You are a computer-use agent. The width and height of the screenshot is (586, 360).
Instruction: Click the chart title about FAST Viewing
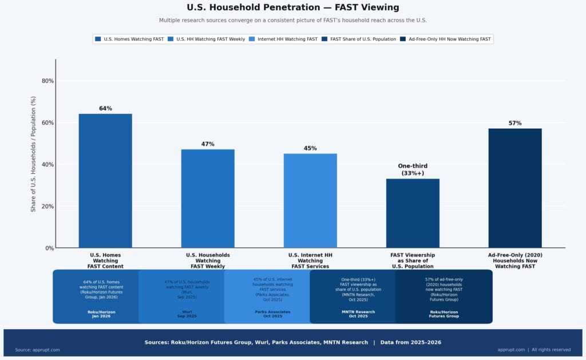pyautogui.click(x=293, y=7)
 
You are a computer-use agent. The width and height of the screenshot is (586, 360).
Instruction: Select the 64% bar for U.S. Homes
pyautogui.click(x=105, y=180)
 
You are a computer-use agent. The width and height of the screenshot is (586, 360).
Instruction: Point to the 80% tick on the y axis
pyautogui.click(x=48, y=81)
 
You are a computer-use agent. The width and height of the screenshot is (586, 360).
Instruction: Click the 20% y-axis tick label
pyautogui.click(x=48, y=206)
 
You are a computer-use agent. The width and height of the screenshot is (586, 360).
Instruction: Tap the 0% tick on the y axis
pyautogui.click(x=50, y=248)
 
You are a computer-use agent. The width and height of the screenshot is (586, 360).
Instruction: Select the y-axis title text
pyautogui.click(x=33, y=154)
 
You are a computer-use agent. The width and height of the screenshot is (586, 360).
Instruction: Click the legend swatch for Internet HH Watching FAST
pyautogui.click(x=253, y=39)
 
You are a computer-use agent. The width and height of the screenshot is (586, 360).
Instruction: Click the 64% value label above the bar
pyautogui.click(x=105, y=108)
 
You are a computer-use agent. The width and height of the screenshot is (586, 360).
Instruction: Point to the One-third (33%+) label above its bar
pyautogui.click(x=413, y=169)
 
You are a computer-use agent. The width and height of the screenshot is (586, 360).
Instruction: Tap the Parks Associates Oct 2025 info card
pyautogui.click(x=272, y=296)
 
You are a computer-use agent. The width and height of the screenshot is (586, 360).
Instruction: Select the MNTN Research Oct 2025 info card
pyautogui.click(x=358, y=296)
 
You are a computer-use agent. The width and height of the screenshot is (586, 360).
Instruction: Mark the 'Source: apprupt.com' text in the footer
pyautogui.click(x=37, y=350)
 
